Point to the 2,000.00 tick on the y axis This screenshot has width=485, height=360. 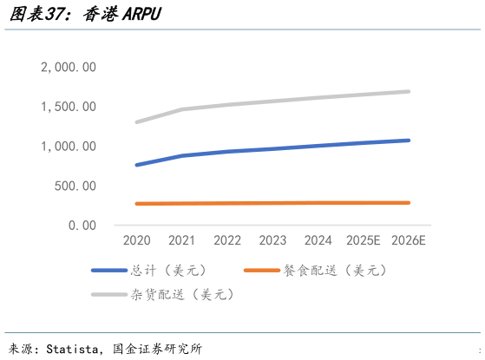[x=69, y=68]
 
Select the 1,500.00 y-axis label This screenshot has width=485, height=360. [x=69, y=107]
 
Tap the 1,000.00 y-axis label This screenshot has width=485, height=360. [x=69, y=147]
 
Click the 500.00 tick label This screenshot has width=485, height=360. [x=75, y=186]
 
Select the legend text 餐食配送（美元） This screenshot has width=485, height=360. [x=335, y=271]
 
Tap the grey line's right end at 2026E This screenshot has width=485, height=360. [x=408, y=91]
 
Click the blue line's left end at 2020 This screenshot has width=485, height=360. [x=137, y=165]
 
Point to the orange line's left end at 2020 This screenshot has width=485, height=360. [x=137, y=204]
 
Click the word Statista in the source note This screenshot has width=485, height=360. [x=73, y=349]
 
